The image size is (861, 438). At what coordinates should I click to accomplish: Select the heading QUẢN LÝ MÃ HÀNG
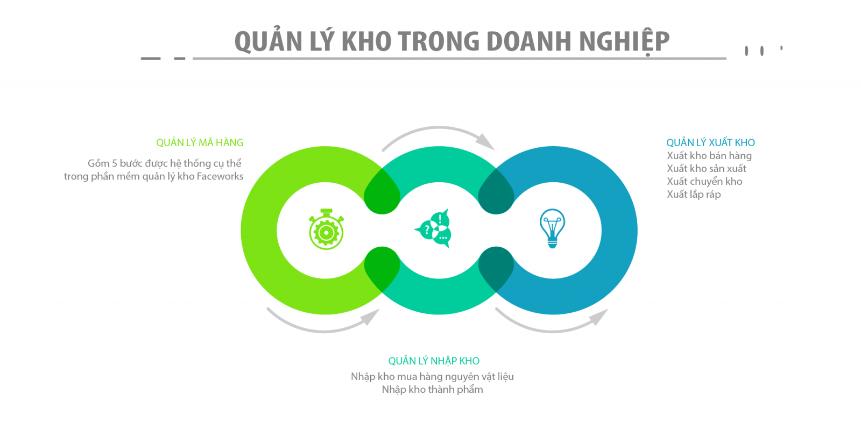[x=200, y=142]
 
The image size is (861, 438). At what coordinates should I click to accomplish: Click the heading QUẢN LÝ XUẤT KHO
[x=710, y=142]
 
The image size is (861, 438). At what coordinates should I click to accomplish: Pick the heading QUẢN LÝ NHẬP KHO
[x=434, y=361]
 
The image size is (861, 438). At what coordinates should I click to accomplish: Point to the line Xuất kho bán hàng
[x=709, y=156]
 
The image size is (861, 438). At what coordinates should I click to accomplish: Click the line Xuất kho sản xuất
[x=707, y=169]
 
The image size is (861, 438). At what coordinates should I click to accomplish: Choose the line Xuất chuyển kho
[x=704, y=182]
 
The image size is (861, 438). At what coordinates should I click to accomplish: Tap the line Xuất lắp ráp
[x=694, y=195]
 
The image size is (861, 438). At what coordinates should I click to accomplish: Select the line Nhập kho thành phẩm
[x=433, y=390]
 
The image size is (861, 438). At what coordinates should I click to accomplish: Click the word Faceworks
[x=220, y=176]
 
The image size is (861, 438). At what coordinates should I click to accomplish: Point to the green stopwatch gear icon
[x=326, y=229]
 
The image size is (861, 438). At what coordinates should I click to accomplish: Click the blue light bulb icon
[x=552, y=228]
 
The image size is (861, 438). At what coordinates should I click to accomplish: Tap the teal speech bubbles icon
[x=433, y=229]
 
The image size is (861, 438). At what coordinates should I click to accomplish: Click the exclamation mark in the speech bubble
[x=440, y=219]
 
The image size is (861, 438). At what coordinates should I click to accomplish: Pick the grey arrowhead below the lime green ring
[x=371, y=317]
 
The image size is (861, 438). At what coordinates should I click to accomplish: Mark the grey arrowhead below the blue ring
[x=599, y=317]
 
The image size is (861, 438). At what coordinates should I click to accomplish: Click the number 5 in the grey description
[x=114, y=163]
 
